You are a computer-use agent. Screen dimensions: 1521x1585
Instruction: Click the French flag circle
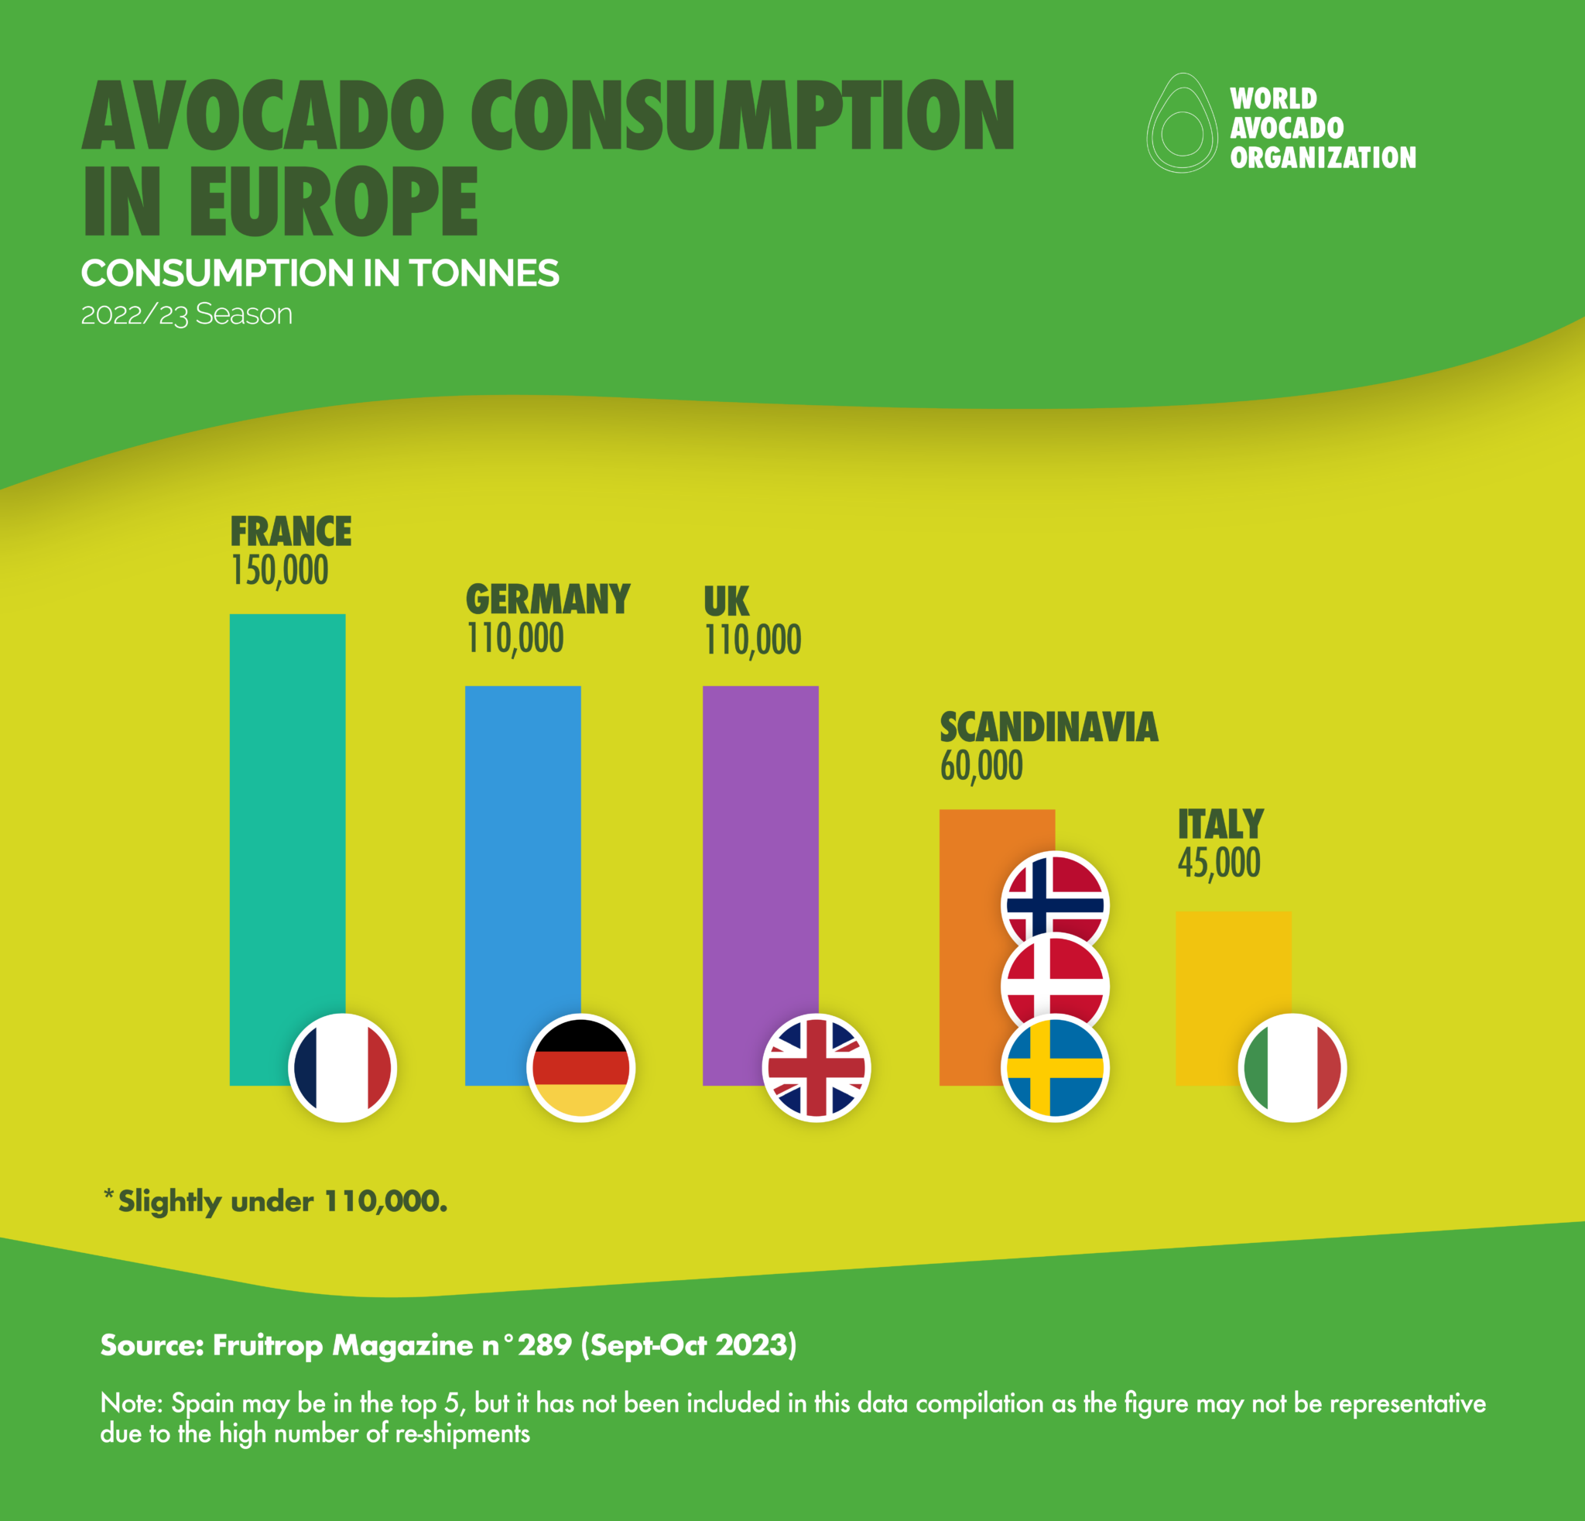(342, 1068)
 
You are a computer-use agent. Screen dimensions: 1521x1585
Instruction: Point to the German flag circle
(580, 1068)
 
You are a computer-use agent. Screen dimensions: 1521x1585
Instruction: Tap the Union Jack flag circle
(816, 1068)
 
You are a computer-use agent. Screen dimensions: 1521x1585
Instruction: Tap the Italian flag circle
(1292, 1068)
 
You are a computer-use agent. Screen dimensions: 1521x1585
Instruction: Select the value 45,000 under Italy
(1219, 863)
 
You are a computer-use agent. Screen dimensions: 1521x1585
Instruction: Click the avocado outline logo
(1182, 124)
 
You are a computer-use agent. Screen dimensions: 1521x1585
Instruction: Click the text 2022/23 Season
(187, 314)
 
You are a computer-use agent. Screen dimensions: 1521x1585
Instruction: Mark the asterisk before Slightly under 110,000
(108, 1194)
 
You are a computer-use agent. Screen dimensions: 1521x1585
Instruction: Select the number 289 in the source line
(544, 1344)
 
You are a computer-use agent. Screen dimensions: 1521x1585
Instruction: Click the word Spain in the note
(202, 1403)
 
